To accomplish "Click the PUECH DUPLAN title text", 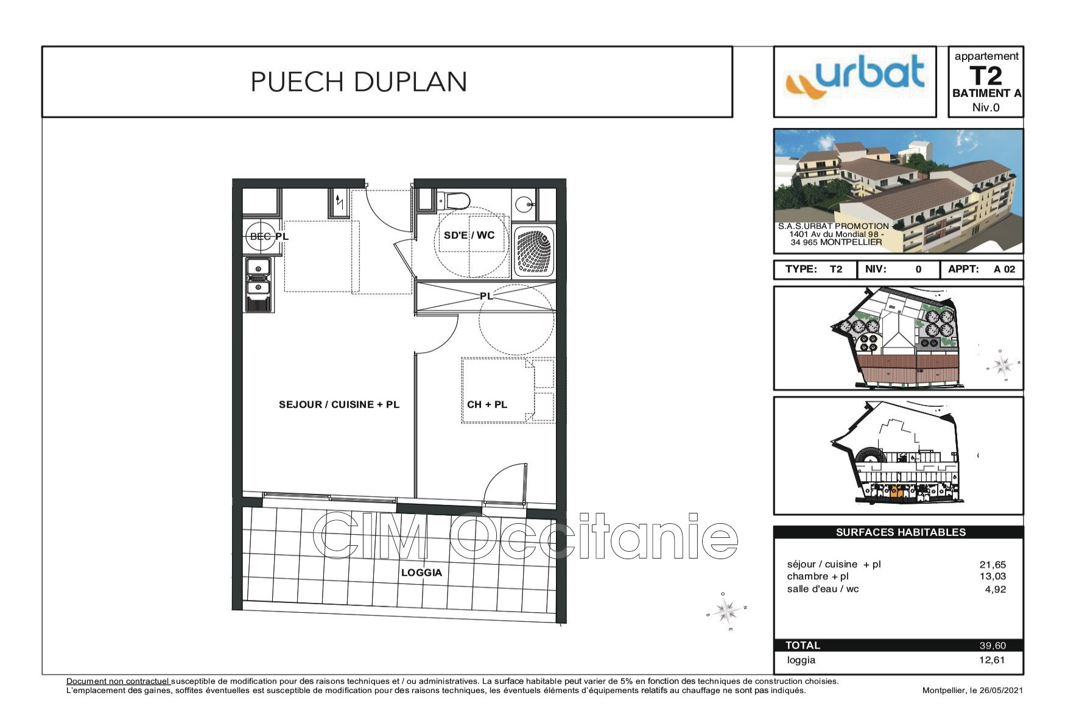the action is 359,82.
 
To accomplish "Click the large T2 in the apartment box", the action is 986,76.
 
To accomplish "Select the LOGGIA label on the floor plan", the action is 421,573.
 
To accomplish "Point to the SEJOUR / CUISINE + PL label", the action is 339,404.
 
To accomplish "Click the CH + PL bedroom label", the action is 487,404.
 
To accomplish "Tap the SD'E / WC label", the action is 469,235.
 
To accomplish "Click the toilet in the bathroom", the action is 454,200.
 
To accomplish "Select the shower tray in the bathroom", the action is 535,252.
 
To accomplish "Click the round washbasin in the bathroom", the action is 524,205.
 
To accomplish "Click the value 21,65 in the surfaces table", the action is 992,565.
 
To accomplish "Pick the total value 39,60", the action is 992,646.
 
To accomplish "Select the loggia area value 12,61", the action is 992,660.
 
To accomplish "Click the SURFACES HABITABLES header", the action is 901,532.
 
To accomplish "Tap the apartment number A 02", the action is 1004,269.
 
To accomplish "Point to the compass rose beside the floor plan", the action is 726,610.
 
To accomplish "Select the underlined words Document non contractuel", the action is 118,682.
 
